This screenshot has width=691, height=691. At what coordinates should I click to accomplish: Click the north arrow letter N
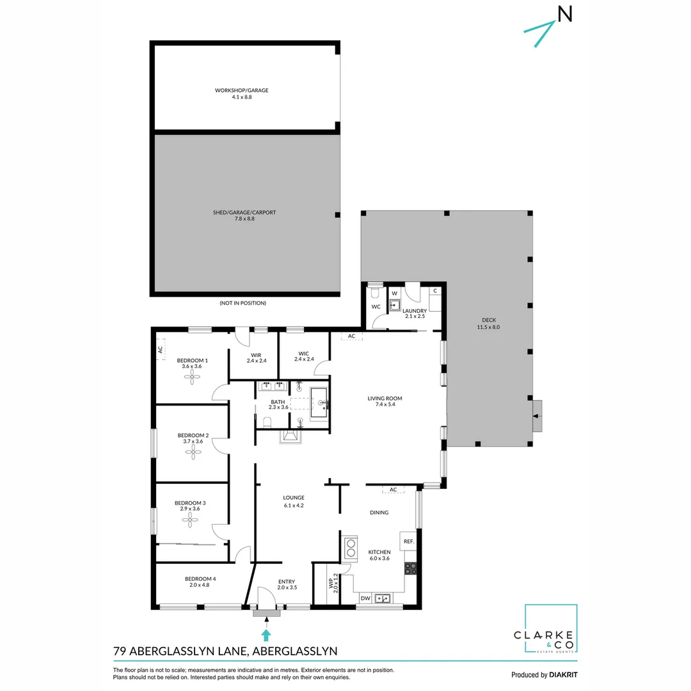565,14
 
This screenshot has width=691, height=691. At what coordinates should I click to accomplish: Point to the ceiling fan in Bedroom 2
193,453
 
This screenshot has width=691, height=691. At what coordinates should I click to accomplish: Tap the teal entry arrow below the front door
266,634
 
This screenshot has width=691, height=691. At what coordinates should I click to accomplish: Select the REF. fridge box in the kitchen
409,541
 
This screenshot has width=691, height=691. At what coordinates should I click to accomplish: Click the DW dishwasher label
365,599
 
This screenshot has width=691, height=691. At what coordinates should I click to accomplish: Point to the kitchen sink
384,599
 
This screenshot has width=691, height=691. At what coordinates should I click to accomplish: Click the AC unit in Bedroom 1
161,349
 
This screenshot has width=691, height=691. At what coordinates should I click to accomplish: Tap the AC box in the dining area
393,489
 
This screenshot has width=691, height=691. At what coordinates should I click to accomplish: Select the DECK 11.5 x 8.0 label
488,324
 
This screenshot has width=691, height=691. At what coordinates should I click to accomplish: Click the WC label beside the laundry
376,306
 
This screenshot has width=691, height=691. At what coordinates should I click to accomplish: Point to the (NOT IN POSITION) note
242,303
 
